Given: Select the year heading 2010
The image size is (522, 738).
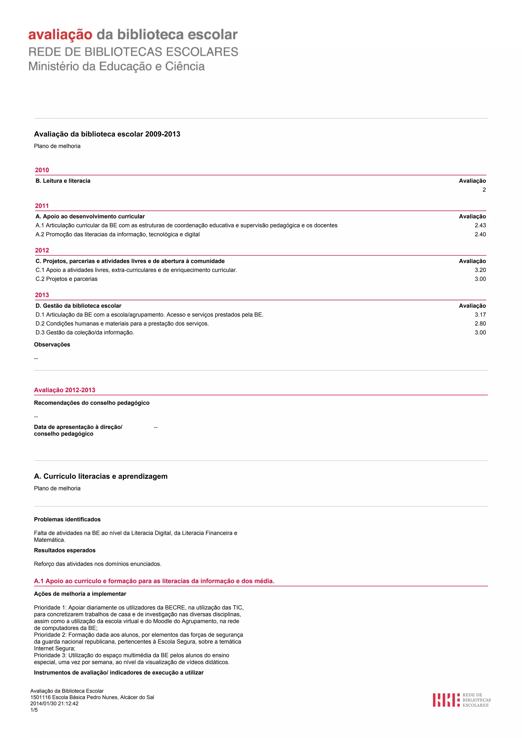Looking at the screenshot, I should click(x=42, y=170).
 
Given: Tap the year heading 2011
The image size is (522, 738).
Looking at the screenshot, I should click(x=42, y=206).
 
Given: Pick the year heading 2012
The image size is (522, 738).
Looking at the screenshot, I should click(x=42, y=250).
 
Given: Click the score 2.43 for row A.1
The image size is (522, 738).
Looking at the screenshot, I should click(x=480, y=225).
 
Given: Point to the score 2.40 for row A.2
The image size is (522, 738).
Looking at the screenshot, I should click(x=480, y=234).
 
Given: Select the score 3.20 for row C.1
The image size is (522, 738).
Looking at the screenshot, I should click(x=480, y=270).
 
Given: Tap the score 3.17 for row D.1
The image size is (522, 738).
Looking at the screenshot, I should click(x=480, y=315).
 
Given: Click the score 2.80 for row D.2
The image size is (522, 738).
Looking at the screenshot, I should click(x=480, y=324).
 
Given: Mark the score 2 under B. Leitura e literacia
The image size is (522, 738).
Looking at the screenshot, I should click(x=484, y=190).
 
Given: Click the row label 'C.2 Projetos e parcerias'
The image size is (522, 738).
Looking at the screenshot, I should click(x=66, y=279).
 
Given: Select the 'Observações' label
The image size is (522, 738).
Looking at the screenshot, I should click(x=52, y=345).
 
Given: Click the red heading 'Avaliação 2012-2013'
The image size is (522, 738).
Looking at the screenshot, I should click(x=65, y=390).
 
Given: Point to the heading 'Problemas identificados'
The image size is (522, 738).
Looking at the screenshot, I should click(x=67, y=520).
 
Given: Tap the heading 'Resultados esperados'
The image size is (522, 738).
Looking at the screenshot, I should click(x=65, y=550).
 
